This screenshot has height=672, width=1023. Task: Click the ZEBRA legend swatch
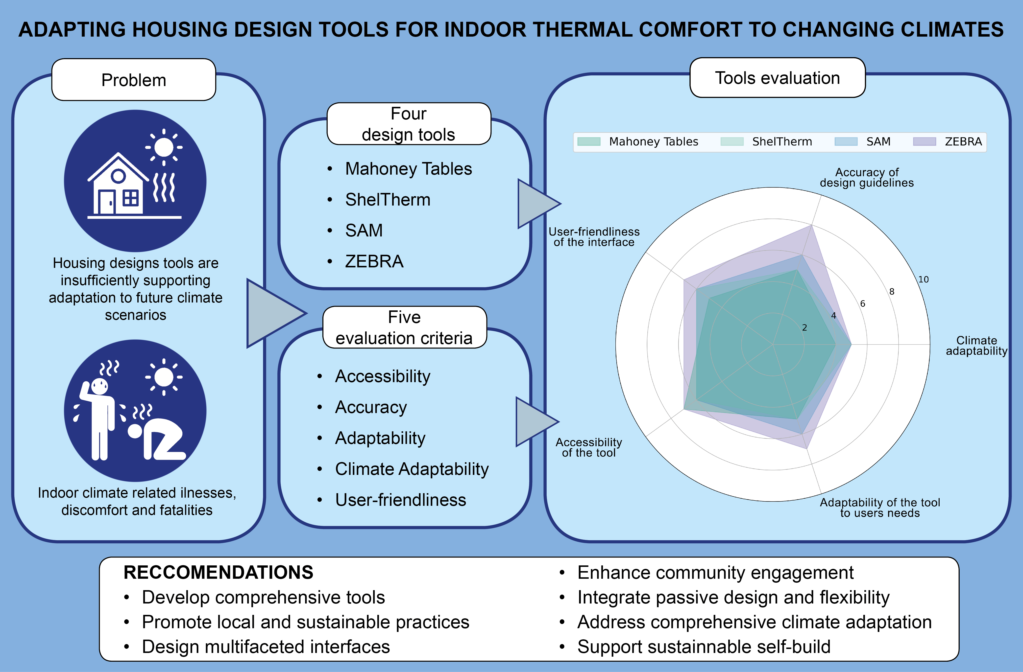point(924,142)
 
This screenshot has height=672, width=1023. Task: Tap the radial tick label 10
point(923,280)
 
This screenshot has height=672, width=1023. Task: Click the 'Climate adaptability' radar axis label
point(976,346)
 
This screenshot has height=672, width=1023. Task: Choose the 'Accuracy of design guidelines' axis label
point(867,177)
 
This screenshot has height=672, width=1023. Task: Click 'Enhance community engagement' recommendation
point(715,573)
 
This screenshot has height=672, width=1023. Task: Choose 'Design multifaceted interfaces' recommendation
point(266,647)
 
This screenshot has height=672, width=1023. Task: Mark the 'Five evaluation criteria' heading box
point(404,327)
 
